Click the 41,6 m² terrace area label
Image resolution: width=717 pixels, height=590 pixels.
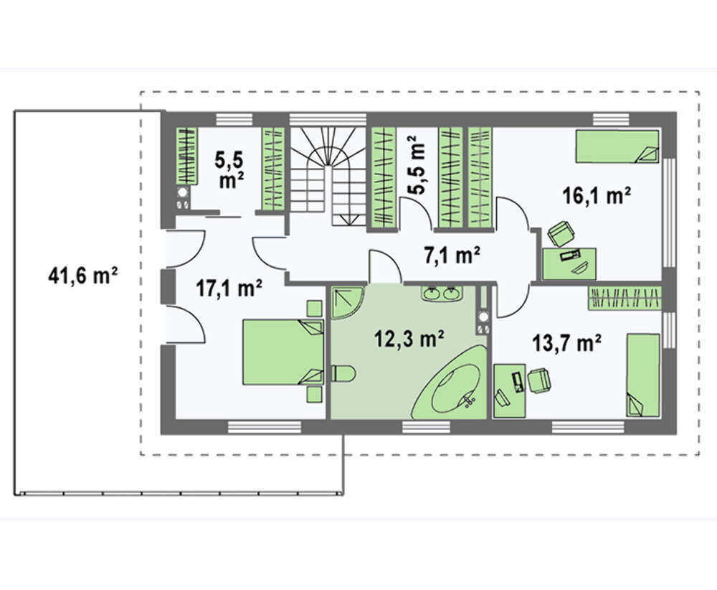[82, 276]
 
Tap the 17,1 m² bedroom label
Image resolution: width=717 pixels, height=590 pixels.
[229, 289]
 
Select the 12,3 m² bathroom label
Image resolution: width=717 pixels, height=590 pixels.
[409, 340]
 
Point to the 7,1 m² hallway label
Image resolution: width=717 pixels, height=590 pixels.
[452, 255]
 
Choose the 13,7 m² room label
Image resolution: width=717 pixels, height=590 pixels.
[567, 342]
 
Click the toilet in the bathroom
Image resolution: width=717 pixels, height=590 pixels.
[342, 373]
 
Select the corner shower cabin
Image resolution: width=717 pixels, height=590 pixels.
[348, 303]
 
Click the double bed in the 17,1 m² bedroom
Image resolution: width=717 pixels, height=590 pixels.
[283, 352]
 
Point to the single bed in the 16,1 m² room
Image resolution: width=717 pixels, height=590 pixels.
[617, 146]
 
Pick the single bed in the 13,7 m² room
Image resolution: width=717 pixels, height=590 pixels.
[643, 375]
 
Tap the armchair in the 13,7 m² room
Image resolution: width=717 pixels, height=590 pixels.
[539, 381]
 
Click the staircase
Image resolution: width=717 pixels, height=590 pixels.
[328, 176]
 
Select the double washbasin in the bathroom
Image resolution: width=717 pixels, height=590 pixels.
[442, 293]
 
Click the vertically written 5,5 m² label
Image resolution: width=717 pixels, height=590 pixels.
[415, 166]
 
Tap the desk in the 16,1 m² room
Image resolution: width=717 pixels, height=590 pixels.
[570, 263]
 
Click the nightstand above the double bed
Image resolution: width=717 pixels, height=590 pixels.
[315, 308]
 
